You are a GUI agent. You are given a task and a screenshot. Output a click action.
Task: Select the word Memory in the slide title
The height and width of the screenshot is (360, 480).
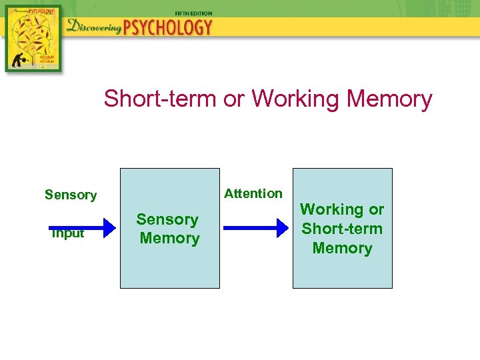[390, 99]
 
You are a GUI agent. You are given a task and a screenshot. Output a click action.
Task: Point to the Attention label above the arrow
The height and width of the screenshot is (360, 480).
[253, 193]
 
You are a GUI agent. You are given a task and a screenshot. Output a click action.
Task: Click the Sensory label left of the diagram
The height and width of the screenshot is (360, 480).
[71, 195]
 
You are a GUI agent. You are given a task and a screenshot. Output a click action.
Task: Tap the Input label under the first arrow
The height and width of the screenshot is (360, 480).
[69, 233]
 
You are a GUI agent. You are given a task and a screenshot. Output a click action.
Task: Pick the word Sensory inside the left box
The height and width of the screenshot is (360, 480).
[167, 219]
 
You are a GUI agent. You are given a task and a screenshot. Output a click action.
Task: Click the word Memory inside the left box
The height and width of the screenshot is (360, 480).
[169, 238]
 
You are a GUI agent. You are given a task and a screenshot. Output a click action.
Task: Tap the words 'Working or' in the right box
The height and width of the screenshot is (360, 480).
[342, 209]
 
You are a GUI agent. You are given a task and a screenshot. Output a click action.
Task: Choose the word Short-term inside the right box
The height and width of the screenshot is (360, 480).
[342, 229]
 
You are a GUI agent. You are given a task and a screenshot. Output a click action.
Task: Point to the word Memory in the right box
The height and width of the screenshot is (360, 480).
[342, 248]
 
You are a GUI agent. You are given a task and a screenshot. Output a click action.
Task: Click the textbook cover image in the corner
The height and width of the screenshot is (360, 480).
[33, 37]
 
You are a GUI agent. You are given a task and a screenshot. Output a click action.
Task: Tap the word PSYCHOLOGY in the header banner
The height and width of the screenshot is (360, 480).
[169, 27]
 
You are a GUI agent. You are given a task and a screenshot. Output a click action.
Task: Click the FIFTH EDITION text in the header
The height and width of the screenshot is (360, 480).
[193, 13]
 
